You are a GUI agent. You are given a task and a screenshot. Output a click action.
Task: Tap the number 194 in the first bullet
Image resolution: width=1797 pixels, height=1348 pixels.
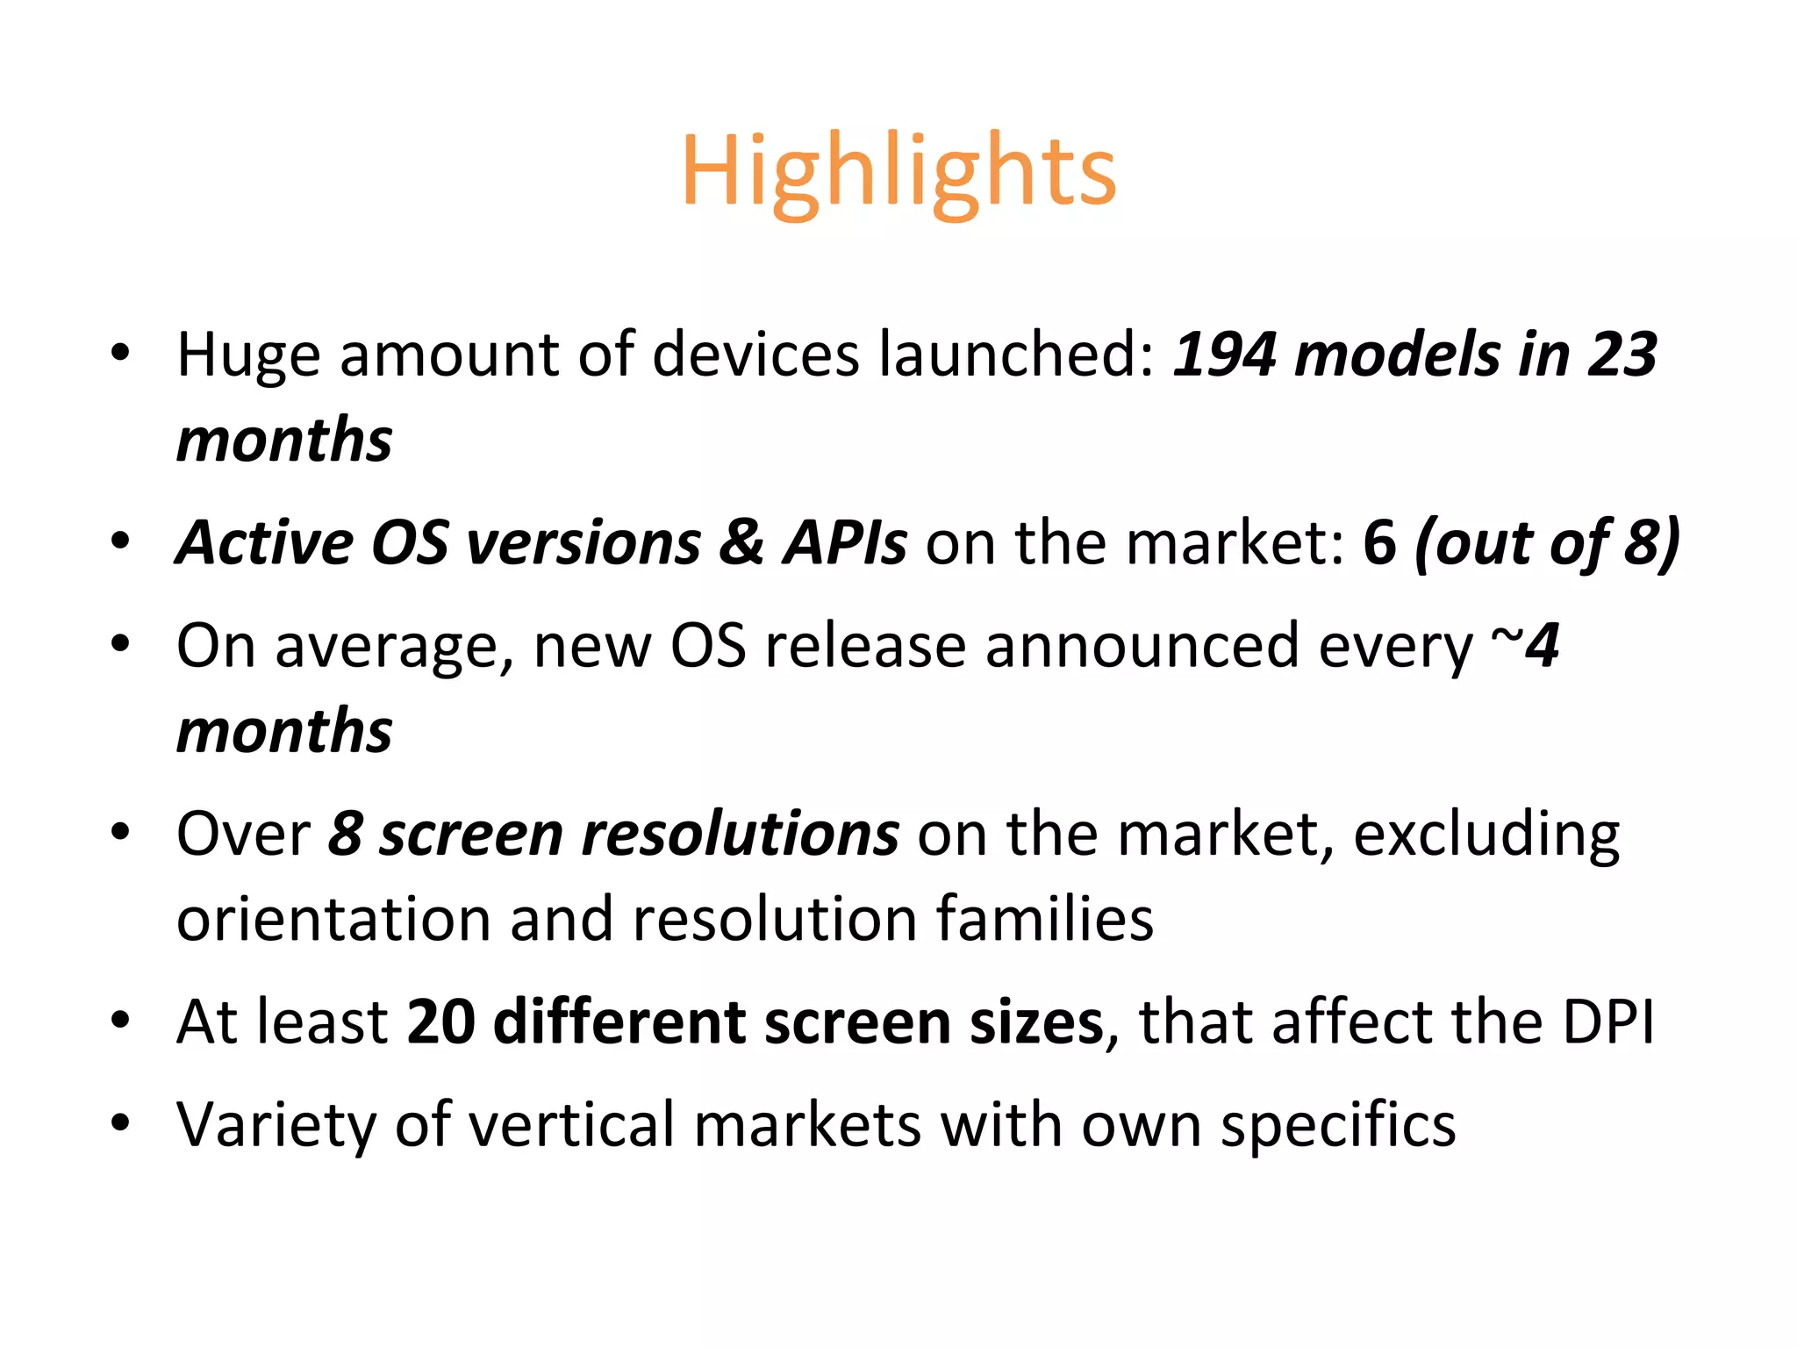pos(1225,355)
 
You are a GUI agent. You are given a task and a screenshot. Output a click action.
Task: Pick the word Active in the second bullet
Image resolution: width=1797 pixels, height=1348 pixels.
pos(263,543)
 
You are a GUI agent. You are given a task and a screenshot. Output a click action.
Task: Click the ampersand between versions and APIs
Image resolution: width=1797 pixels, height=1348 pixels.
pos(742,543)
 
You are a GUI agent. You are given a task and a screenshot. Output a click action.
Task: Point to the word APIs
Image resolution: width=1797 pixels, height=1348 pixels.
pos(845,543)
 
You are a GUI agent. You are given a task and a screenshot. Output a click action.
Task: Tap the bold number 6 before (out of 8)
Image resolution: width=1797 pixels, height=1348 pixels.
pos(1379,543)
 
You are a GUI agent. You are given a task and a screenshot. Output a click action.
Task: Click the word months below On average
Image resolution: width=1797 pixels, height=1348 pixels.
pos(284,732)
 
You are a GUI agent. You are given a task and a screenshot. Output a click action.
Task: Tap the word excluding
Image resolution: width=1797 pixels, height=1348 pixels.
pos(1486,835)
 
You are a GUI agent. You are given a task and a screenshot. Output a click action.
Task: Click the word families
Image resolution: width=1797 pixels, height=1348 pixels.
pos(1044,920)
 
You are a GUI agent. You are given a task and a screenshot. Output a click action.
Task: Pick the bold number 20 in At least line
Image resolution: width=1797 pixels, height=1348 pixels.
pos(441,1022)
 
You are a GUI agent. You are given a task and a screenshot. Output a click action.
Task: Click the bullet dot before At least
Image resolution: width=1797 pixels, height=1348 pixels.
pos(120,1021)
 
